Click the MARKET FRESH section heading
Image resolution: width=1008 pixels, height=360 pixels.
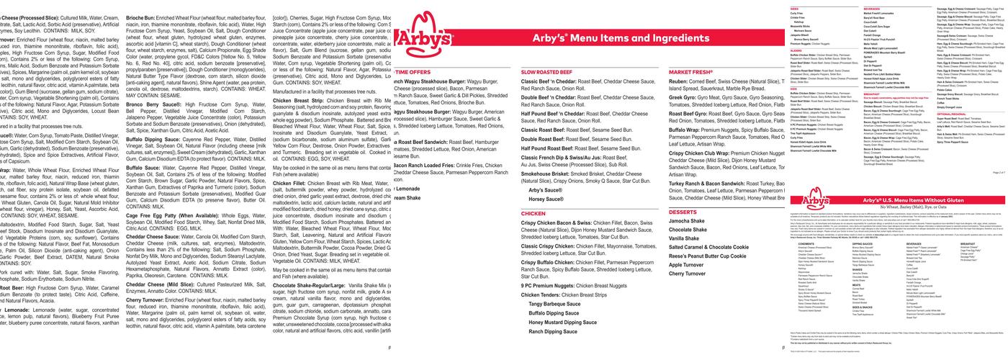[x=690, y=73]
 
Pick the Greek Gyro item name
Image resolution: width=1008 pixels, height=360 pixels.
[x=685, y=96]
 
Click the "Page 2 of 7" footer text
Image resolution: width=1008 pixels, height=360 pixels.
[x=997, y=173]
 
